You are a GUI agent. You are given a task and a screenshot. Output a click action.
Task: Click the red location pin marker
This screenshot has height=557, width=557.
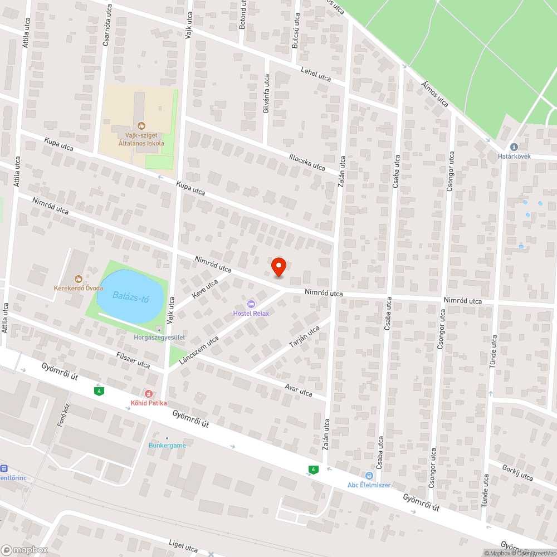(x=278, y=266)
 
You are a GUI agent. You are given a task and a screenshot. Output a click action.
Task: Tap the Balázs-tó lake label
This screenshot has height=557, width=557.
(x=130, y=296)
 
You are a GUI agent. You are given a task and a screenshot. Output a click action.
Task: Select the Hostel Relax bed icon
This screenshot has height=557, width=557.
(x=251, y=304)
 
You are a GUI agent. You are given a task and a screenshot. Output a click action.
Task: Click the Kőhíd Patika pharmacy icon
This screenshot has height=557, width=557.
(x=149, y=393)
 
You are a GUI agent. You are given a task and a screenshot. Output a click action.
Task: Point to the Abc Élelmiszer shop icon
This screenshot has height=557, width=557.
(x=369, y=475)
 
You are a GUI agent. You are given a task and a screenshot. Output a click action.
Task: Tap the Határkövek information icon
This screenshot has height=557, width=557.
(x=514, y=146)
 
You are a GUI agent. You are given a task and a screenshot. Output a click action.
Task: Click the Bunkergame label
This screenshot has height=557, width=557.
(x=167, y=446)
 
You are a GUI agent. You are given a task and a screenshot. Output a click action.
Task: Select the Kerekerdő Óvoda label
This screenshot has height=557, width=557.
(x=79, y=288)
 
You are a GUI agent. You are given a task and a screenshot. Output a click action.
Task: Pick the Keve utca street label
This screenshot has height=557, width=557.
(x=204, y=286)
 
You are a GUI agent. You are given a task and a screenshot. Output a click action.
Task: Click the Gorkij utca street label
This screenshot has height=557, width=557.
(x=517, y=473)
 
